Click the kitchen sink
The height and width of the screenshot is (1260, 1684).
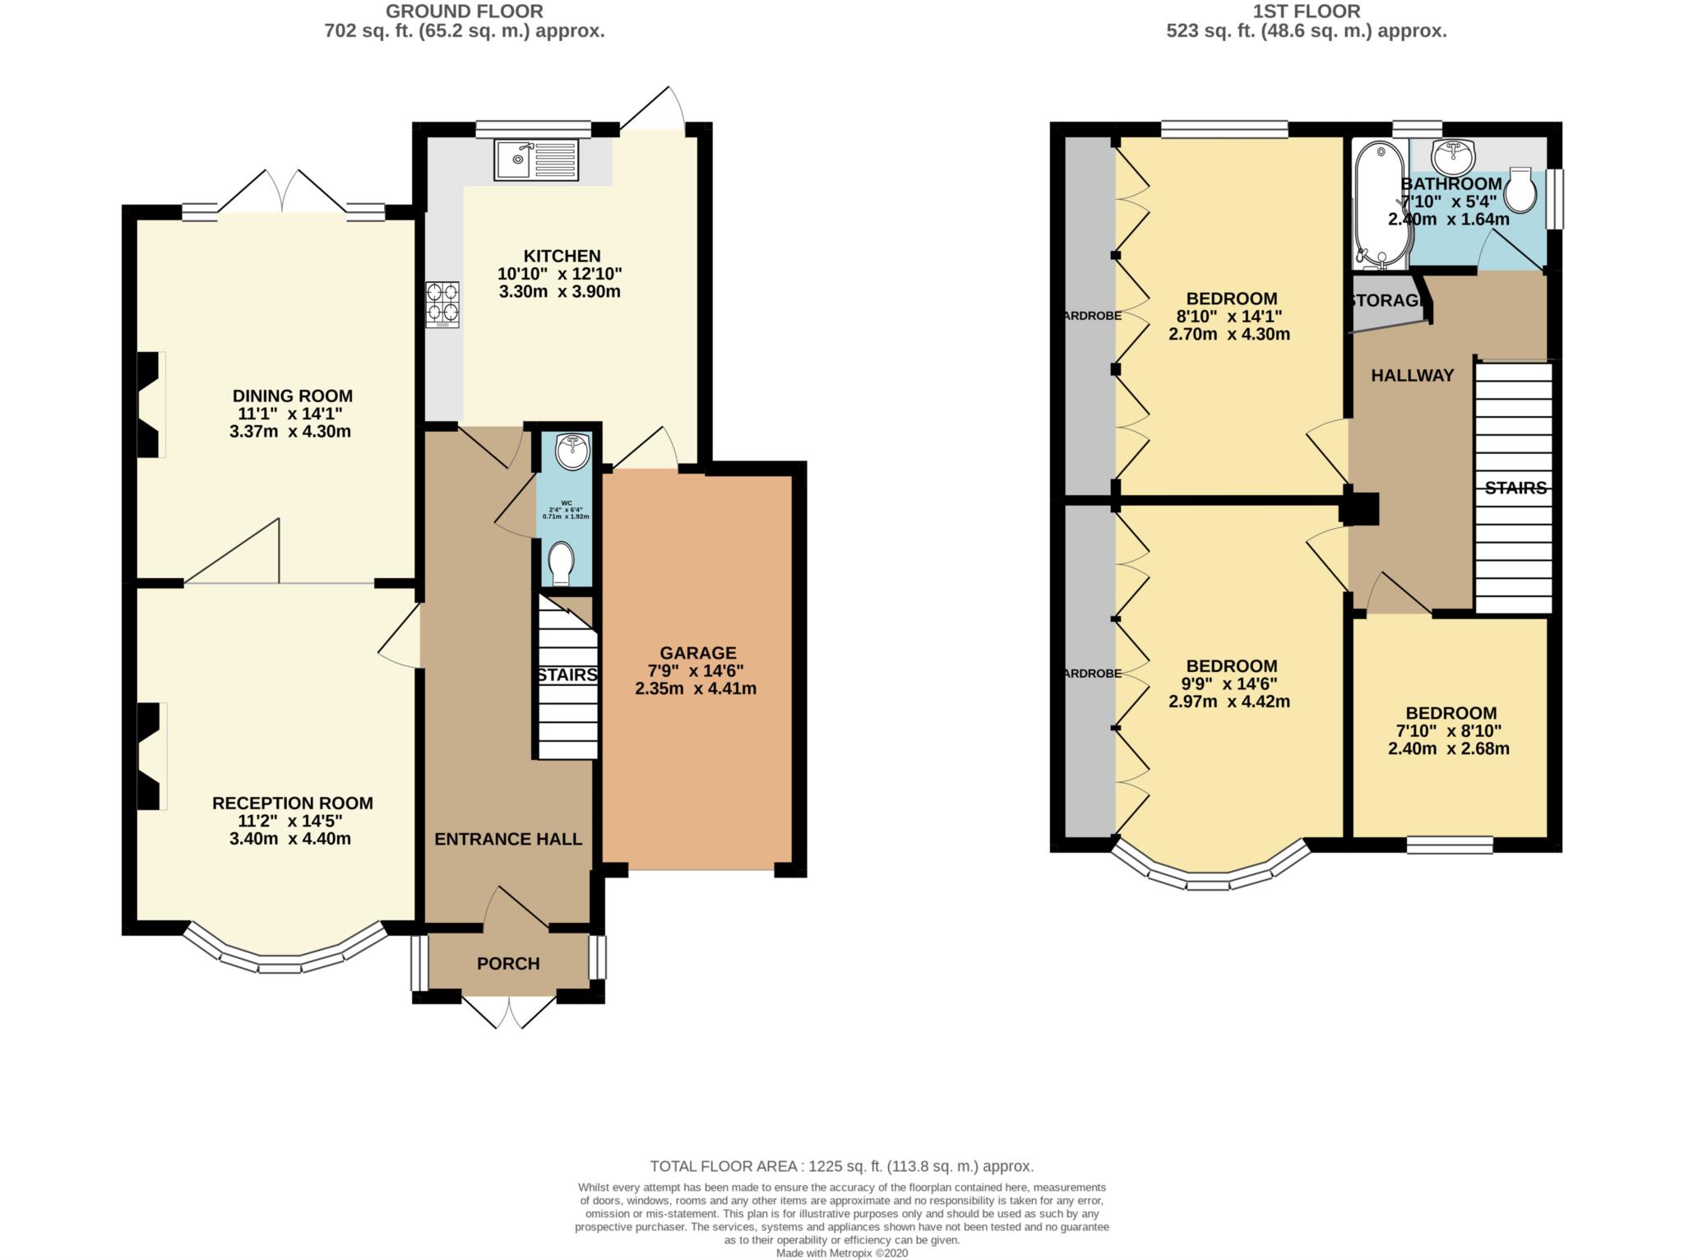[536, 160]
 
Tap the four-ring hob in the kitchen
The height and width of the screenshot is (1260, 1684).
[442, 304]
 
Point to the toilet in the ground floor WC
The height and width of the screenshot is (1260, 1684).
[562, 563]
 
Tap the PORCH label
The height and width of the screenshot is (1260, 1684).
[508, 963]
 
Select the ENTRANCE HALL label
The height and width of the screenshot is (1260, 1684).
[508, 839]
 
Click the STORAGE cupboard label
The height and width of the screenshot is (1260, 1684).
[1388, 301]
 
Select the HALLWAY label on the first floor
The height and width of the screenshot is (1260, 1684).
[1412, 376]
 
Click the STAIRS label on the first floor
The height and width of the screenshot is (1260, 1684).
[1515, 489]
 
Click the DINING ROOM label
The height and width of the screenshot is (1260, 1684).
[292, 396]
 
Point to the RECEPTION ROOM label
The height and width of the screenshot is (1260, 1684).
[292, 804]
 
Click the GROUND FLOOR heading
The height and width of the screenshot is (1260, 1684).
[464, 12]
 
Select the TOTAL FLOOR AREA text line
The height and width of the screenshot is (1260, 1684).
[841, 1165]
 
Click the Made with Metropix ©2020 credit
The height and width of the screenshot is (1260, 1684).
[841, 1253]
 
